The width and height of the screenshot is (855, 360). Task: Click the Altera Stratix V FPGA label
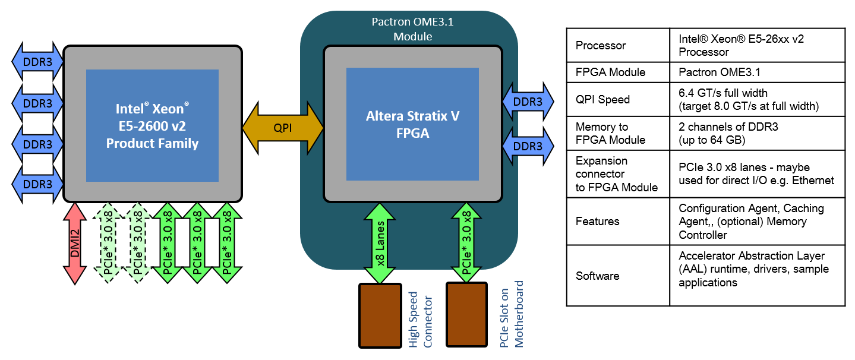coord(412,125)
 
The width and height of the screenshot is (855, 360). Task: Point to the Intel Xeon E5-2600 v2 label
coord(152,126)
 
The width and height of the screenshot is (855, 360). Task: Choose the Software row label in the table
coord(598,276)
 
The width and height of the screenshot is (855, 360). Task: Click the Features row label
coord(598,221)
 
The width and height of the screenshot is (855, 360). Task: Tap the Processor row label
coord(601,45)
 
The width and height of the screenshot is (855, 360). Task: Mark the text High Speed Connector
coord(420,319)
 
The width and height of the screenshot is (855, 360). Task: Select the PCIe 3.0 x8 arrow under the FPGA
coord(467,242)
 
